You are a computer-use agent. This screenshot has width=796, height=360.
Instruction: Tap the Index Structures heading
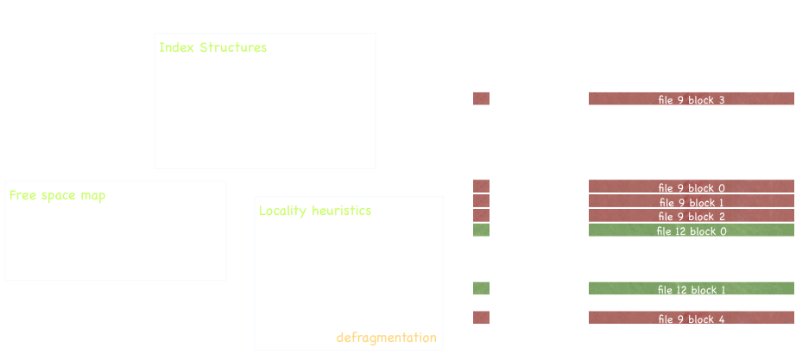212,47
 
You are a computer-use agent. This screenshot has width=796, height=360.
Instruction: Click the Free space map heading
58,195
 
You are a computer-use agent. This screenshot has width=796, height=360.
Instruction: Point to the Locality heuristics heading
315,211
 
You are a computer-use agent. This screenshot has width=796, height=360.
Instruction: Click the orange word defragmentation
387,337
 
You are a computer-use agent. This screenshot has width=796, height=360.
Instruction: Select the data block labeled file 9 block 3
691,99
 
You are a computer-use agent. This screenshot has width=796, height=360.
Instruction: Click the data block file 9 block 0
691,187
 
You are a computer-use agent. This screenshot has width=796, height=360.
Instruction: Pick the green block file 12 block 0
691,231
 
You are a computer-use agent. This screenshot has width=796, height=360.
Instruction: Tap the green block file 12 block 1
691,289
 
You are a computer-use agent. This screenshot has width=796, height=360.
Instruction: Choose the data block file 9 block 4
691,319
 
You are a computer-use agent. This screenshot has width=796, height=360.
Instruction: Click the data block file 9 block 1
691,202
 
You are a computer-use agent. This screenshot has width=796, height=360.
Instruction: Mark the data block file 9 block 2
691,216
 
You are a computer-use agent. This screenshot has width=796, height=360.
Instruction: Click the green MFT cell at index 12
481,231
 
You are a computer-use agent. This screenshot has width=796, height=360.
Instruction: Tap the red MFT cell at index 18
481,318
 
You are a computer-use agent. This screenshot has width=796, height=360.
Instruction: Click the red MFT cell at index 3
481,99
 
